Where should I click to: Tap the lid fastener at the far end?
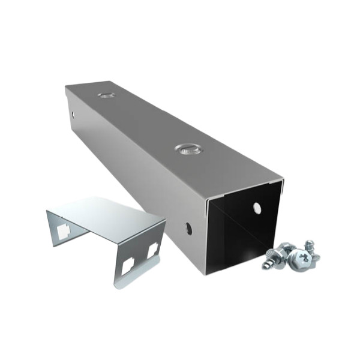pyautogui.click(x=107, y=95)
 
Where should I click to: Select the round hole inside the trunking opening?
pyautogui.click(x=257, y=208)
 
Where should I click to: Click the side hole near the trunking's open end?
pyautogui.click(x=188, y=228)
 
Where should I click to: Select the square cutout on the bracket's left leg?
pyautogui.click(x=64, y=229)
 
